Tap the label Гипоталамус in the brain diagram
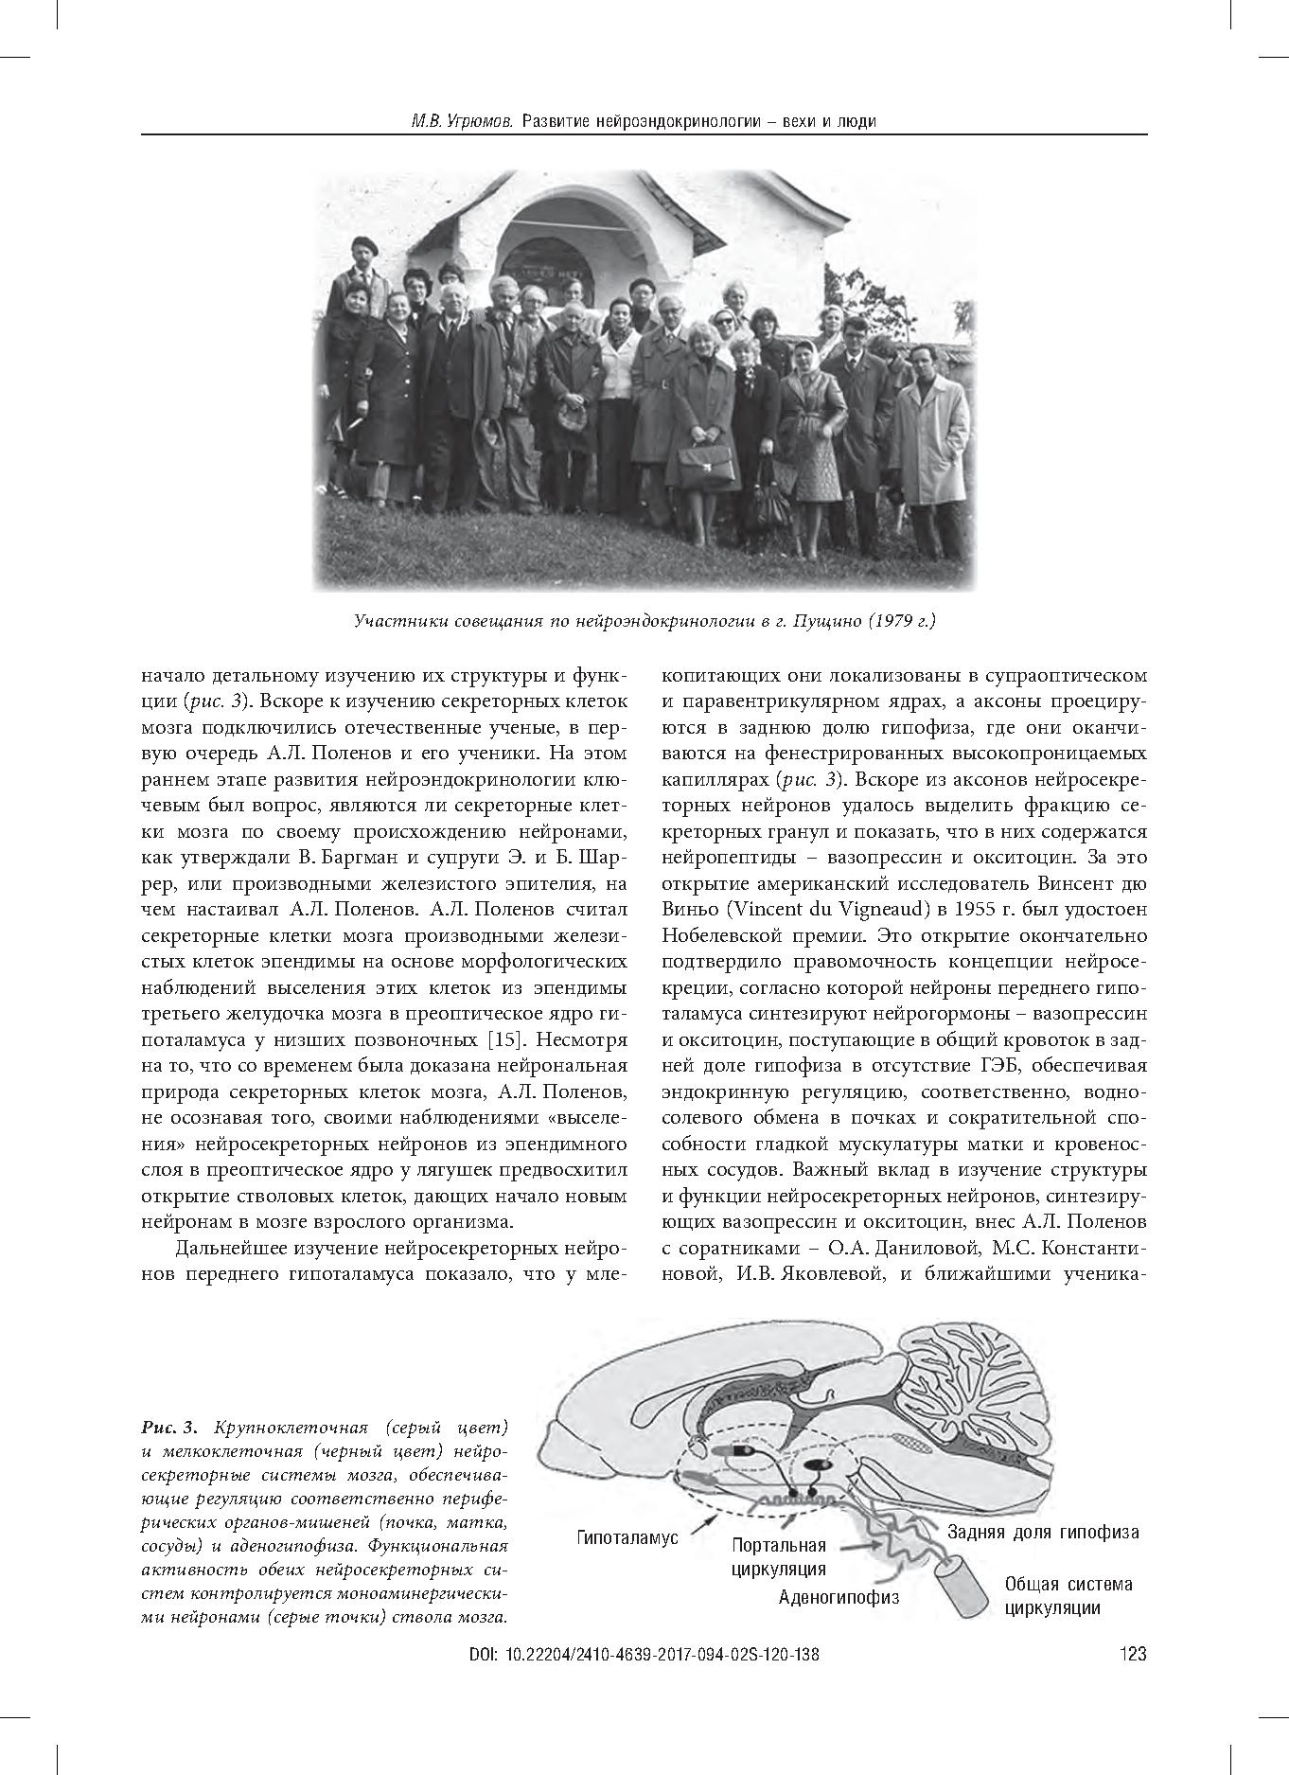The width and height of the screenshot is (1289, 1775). (628, 1538)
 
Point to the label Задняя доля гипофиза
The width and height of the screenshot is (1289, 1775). (1043, 1532)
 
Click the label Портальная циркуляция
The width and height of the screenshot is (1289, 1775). (779, 1557)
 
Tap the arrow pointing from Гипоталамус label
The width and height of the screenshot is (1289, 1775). (697, 1519)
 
